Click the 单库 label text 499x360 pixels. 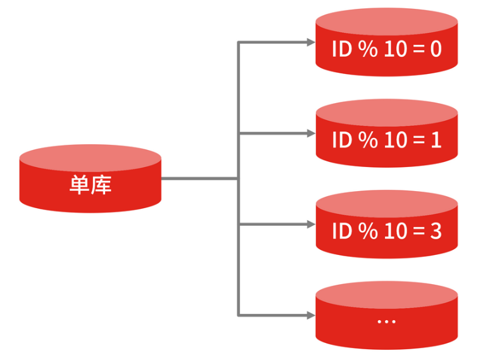click(x=90, y=185)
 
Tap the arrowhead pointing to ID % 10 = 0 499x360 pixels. click(x=310, y=42)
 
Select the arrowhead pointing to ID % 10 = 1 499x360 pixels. click(x=310, y=133)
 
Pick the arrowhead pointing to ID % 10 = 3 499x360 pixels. click(x=310, y=225)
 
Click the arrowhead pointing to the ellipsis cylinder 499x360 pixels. click(x=310, y=314)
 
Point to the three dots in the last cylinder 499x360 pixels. click(x=386, y=321)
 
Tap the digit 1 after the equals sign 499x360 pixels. click(x=436, y=140)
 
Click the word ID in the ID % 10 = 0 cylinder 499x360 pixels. click(x=341, y=49)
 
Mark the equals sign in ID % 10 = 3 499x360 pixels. click(x=417, y=232)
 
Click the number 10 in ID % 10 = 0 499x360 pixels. click(x=395, y=49)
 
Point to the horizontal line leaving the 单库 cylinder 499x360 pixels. click(x=199, y=178)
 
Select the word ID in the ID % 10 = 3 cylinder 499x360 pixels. click(x=341, y=232)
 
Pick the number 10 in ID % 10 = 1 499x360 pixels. click(x=395, y=140)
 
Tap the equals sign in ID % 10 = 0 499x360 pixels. click(x=417, y=49)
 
